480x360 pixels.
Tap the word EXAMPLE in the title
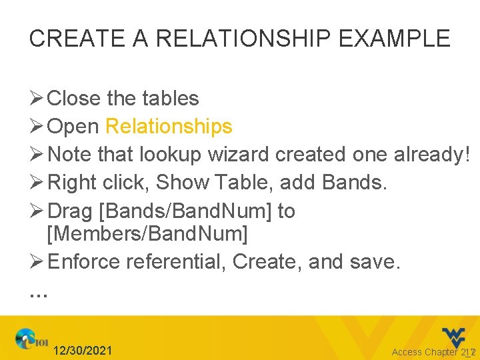click(395, 38)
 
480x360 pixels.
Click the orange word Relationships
click(169, 126)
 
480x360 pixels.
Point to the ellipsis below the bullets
click(39, 292)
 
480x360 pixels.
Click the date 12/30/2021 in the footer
click(83, 351)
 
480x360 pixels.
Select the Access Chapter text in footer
click(425, 352)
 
